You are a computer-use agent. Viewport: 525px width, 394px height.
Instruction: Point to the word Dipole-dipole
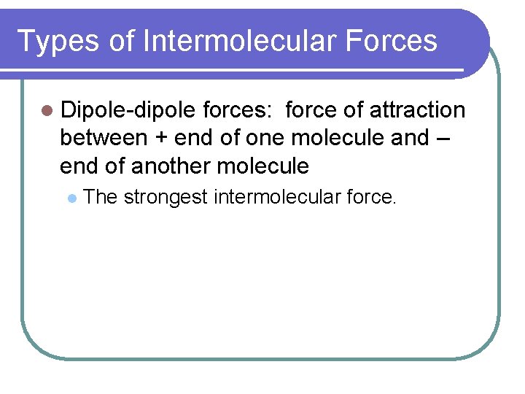coord(128,110)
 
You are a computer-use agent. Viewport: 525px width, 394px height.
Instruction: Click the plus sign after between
coord(161,139)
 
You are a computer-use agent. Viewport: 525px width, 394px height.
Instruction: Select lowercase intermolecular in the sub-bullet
coord(275,196)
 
